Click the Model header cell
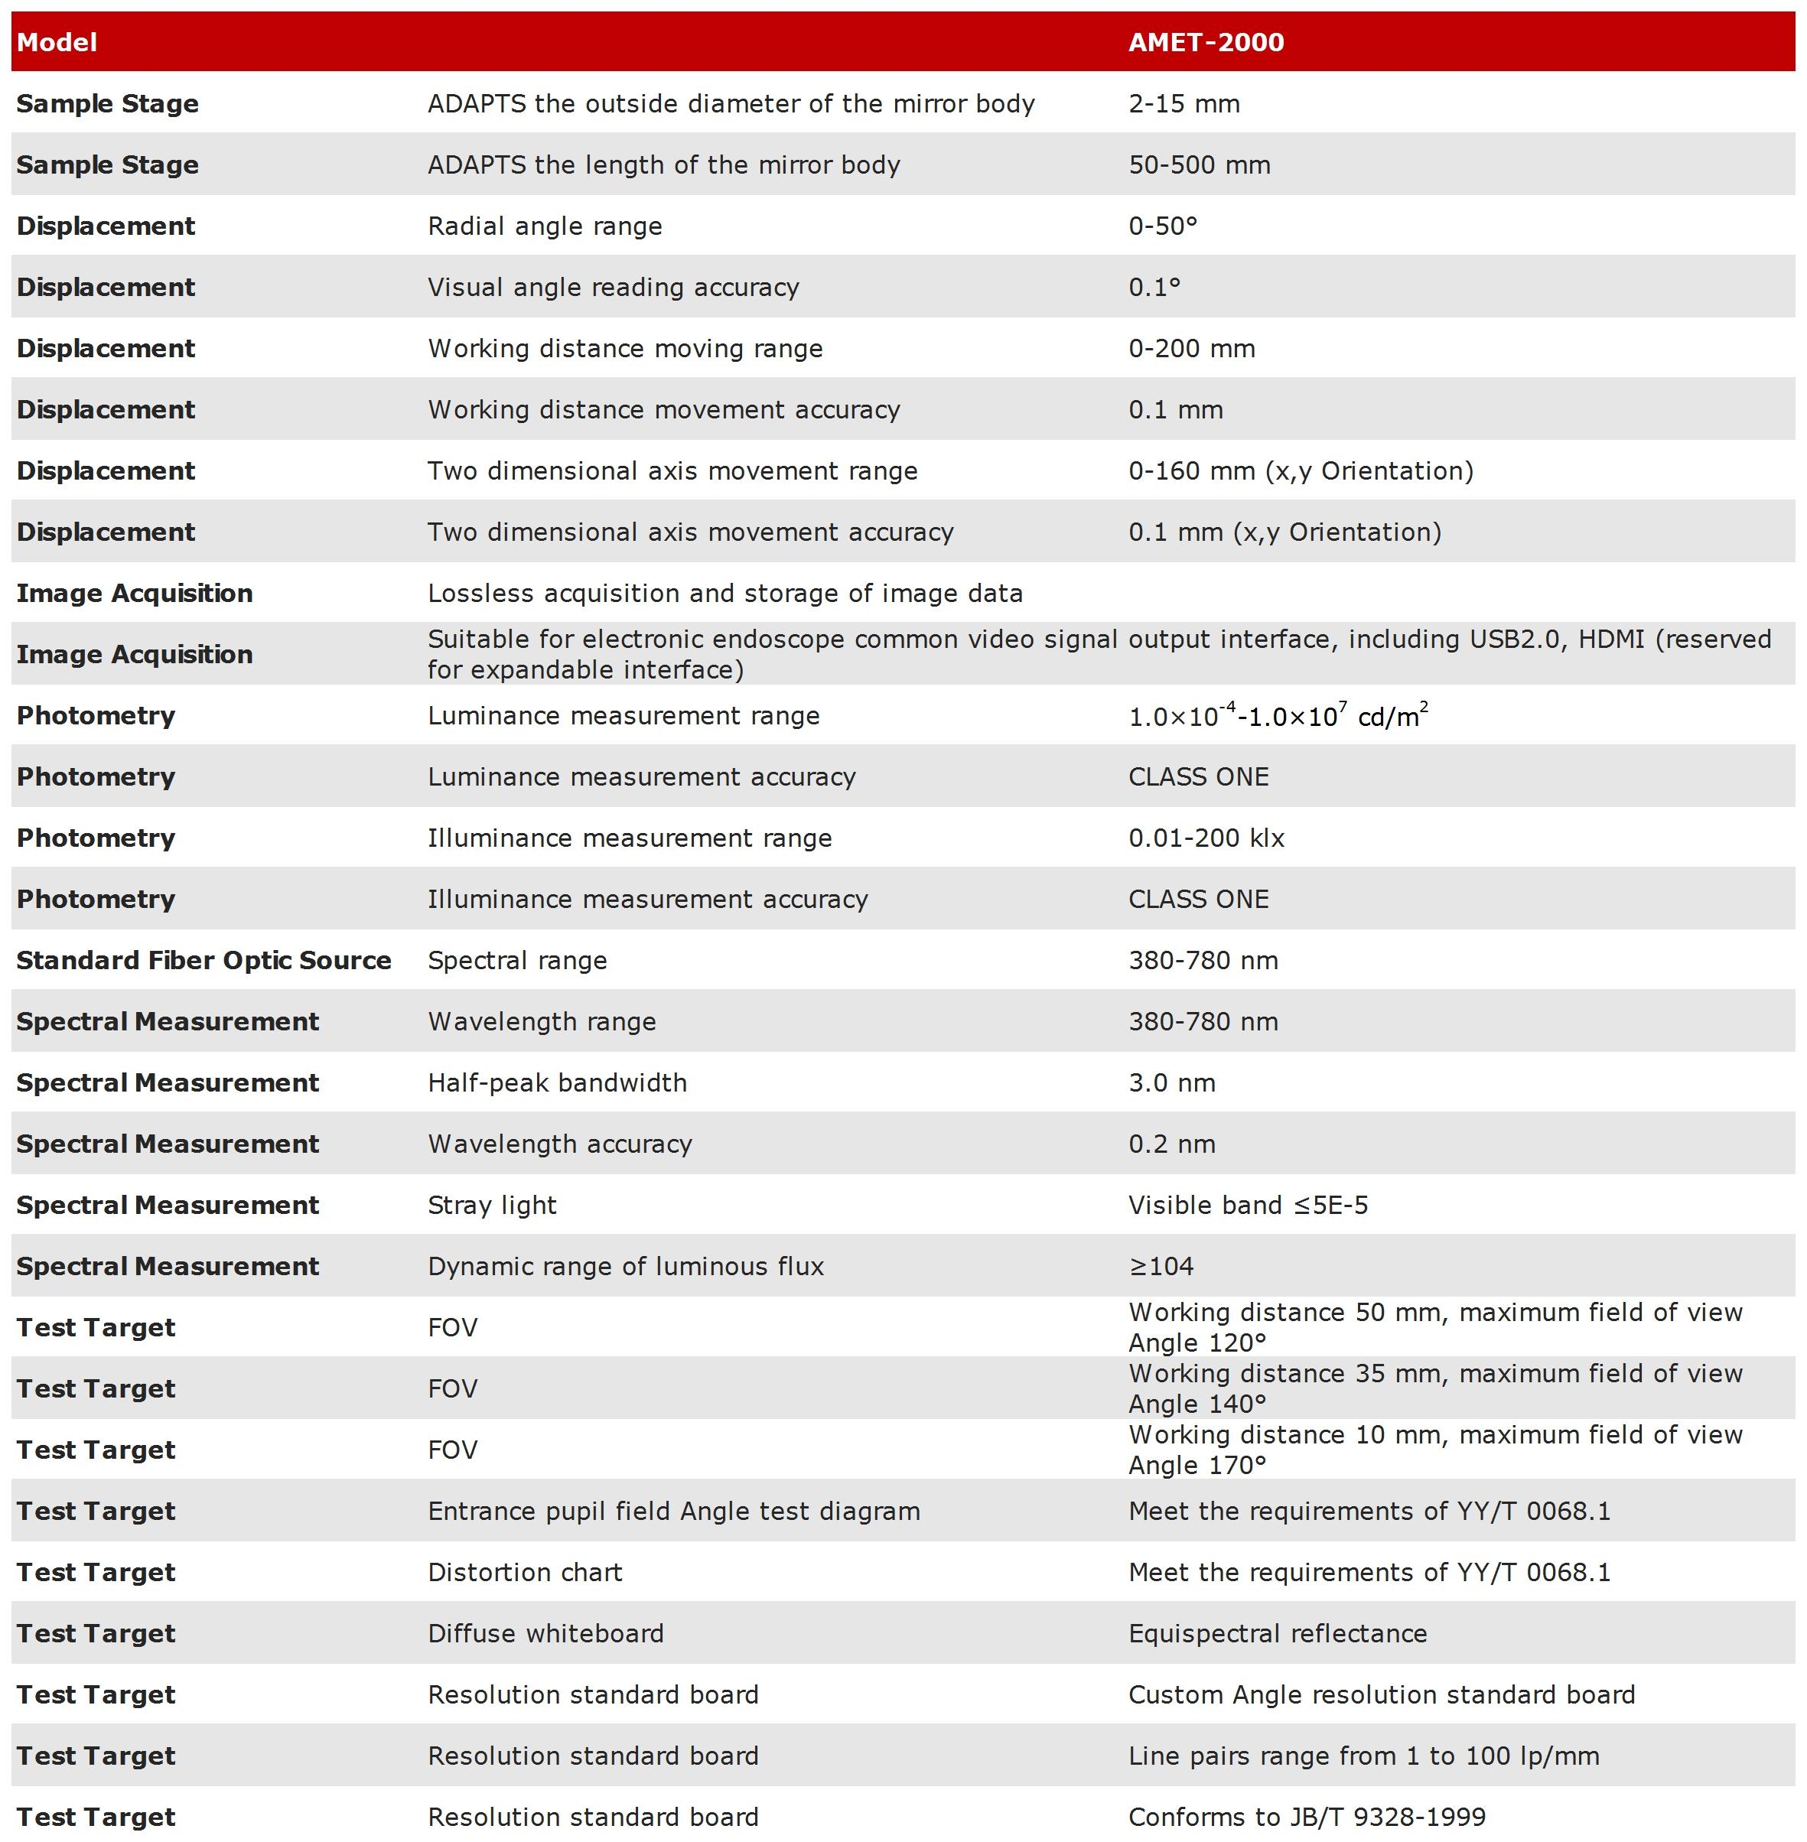(57, 43)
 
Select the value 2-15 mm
(1184, 103)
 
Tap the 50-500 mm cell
(1199, 165)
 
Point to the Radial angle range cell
(545, 226)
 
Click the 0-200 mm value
(1191, 348)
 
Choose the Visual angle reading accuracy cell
(613, 288)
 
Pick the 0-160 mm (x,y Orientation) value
(1301, 470)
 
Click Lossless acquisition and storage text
(725, 593)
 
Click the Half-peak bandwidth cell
(557, 1083)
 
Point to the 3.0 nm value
(1171, 1083)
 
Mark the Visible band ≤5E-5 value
(1247, 1206)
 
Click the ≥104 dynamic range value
(1161, 1266)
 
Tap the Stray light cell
(492, 1206)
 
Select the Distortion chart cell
(525, 1573)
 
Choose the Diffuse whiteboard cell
(545, 1633)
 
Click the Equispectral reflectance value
(1278, 1633)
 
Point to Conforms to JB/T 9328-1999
(1306, 1818)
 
